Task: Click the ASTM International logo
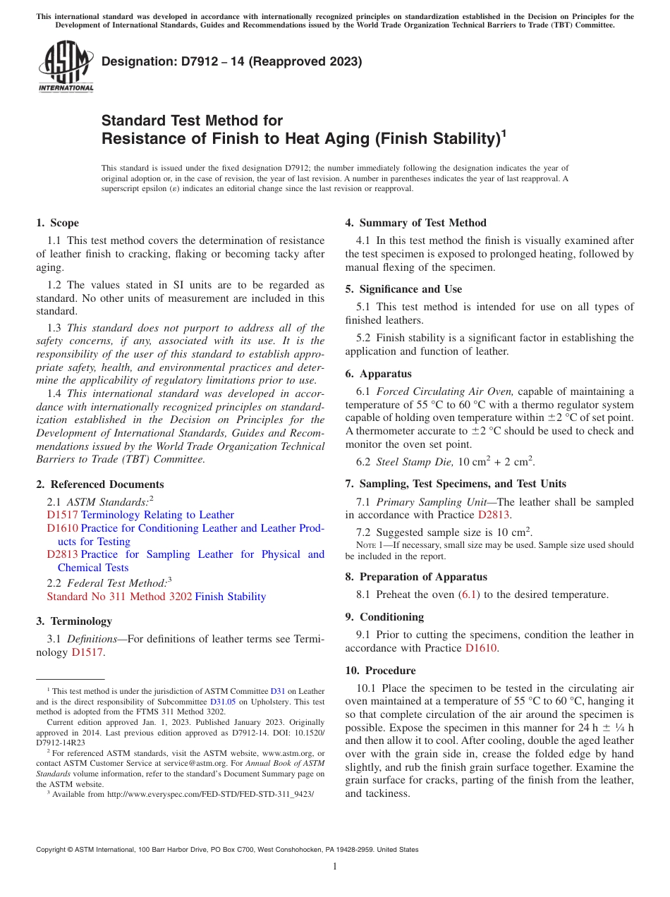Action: (66, 67)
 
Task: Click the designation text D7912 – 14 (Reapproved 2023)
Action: (231, 61)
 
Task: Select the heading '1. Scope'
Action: (57, 223)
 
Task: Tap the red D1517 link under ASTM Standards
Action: (62, 515)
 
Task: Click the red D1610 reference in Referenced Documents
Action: (62, 528)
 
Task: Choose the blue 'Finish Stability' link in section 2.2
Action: (230, 597)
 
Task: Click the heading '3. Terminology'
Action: (74, 621)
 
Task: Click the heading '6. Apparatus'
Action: (378, 374)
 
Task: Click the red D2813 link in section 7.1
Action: (494, 515)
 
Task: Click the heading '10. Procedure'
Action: (380, 671)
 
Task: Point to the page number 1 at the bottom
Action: (334, 867)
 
